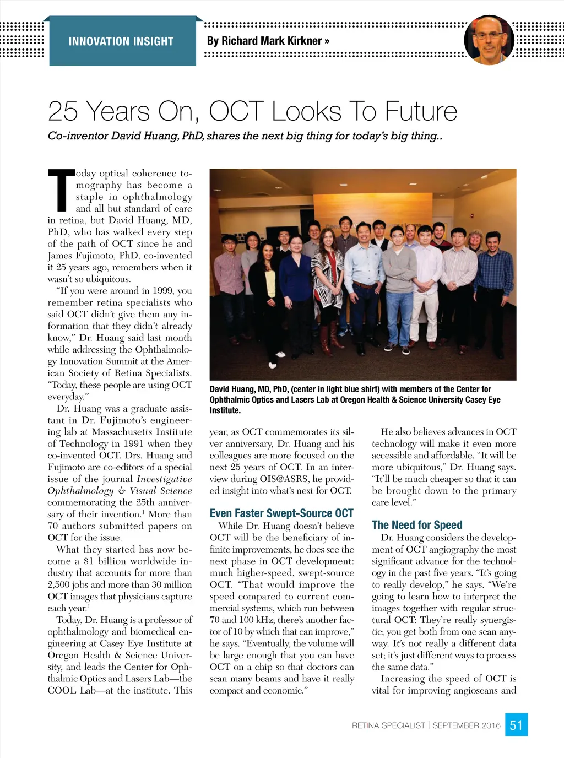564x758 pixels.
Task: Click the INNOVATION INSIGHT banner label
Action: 121,41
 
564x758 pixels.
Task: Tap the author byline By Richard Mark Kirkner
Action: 268,41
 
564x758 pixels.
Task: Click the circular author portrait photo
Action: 489,40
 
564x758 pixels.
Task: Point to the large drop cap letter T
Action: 61,191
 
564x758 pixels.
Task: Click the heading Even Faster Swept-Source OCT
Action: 281,513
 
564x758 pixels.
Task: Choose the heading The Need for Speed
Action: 417,525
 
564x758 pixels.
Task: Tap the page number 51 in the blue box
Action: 516,725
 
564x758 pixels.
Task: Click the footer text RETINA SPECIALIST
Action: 388,725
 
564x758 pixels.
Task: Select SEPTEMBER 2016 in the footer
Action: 467,725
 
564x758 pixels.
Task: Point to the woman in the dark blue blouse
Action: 296,286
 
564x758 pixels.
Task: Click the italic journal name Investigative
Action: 164,479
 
